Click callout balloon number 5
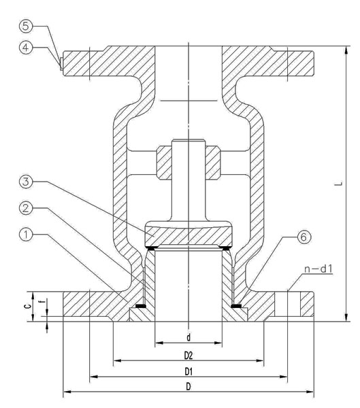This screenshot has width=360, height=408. [26, 26]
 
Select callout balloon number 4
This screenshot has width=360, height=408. [26, 48]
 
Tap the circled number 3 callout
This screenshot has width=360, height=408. [26, 182]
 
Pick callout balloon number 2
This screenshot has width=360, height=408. [26, 208]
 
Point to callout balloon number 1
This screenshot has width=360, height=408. [26, 235]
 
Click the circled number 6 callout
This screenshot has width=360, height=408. [304, 237]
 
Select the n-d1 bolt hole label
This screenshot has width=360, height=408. [318, 269]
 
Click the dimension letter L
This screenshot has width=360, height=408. [339, 184]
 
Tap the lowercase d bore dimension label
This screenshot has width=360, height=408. [189, 337]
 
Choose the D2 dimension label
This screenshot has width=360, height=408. [189, 356]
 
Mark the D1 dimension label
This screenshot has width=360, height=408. [189, 372]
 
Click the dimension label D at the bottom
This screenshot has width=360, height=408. [189, 387]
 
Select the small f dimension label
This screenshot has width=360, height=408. [44, 302]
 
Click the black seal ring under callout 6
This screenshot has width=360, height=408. [236, 306]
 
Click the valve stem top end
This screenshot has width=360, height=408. [189, 141]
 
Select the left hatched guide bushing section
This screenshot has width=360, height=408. [164, 163]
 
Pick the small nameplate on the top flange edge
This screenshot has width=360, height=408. [61, 64]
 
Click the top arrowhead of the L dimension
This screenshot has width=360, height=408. [346, 51]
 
